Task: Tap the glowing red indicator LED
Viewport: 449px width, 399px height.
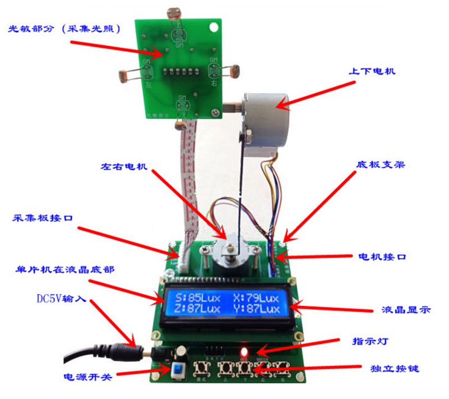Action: tap(244, 343)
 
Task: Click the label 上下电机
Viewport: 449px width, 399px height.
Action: tap(372, 72)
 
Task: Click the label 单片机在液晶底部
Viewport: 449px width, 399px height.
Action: tap(65, 269)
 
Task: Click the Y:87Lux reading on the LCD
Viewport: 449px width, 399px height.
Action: tap(259, 309)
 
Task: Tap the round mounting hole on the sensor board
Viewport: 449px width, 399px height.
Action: tap(213, 26)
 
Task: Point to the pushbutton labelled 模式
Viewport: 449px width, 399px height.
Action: tap(201, 369)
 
